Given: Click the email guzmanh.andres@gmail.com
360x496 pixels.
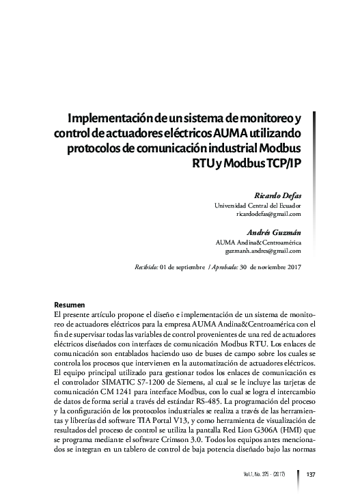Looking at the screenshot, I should coord(263,251).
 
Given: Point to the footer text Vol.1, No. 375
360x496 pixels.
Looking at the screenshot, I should coord(263,476).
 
